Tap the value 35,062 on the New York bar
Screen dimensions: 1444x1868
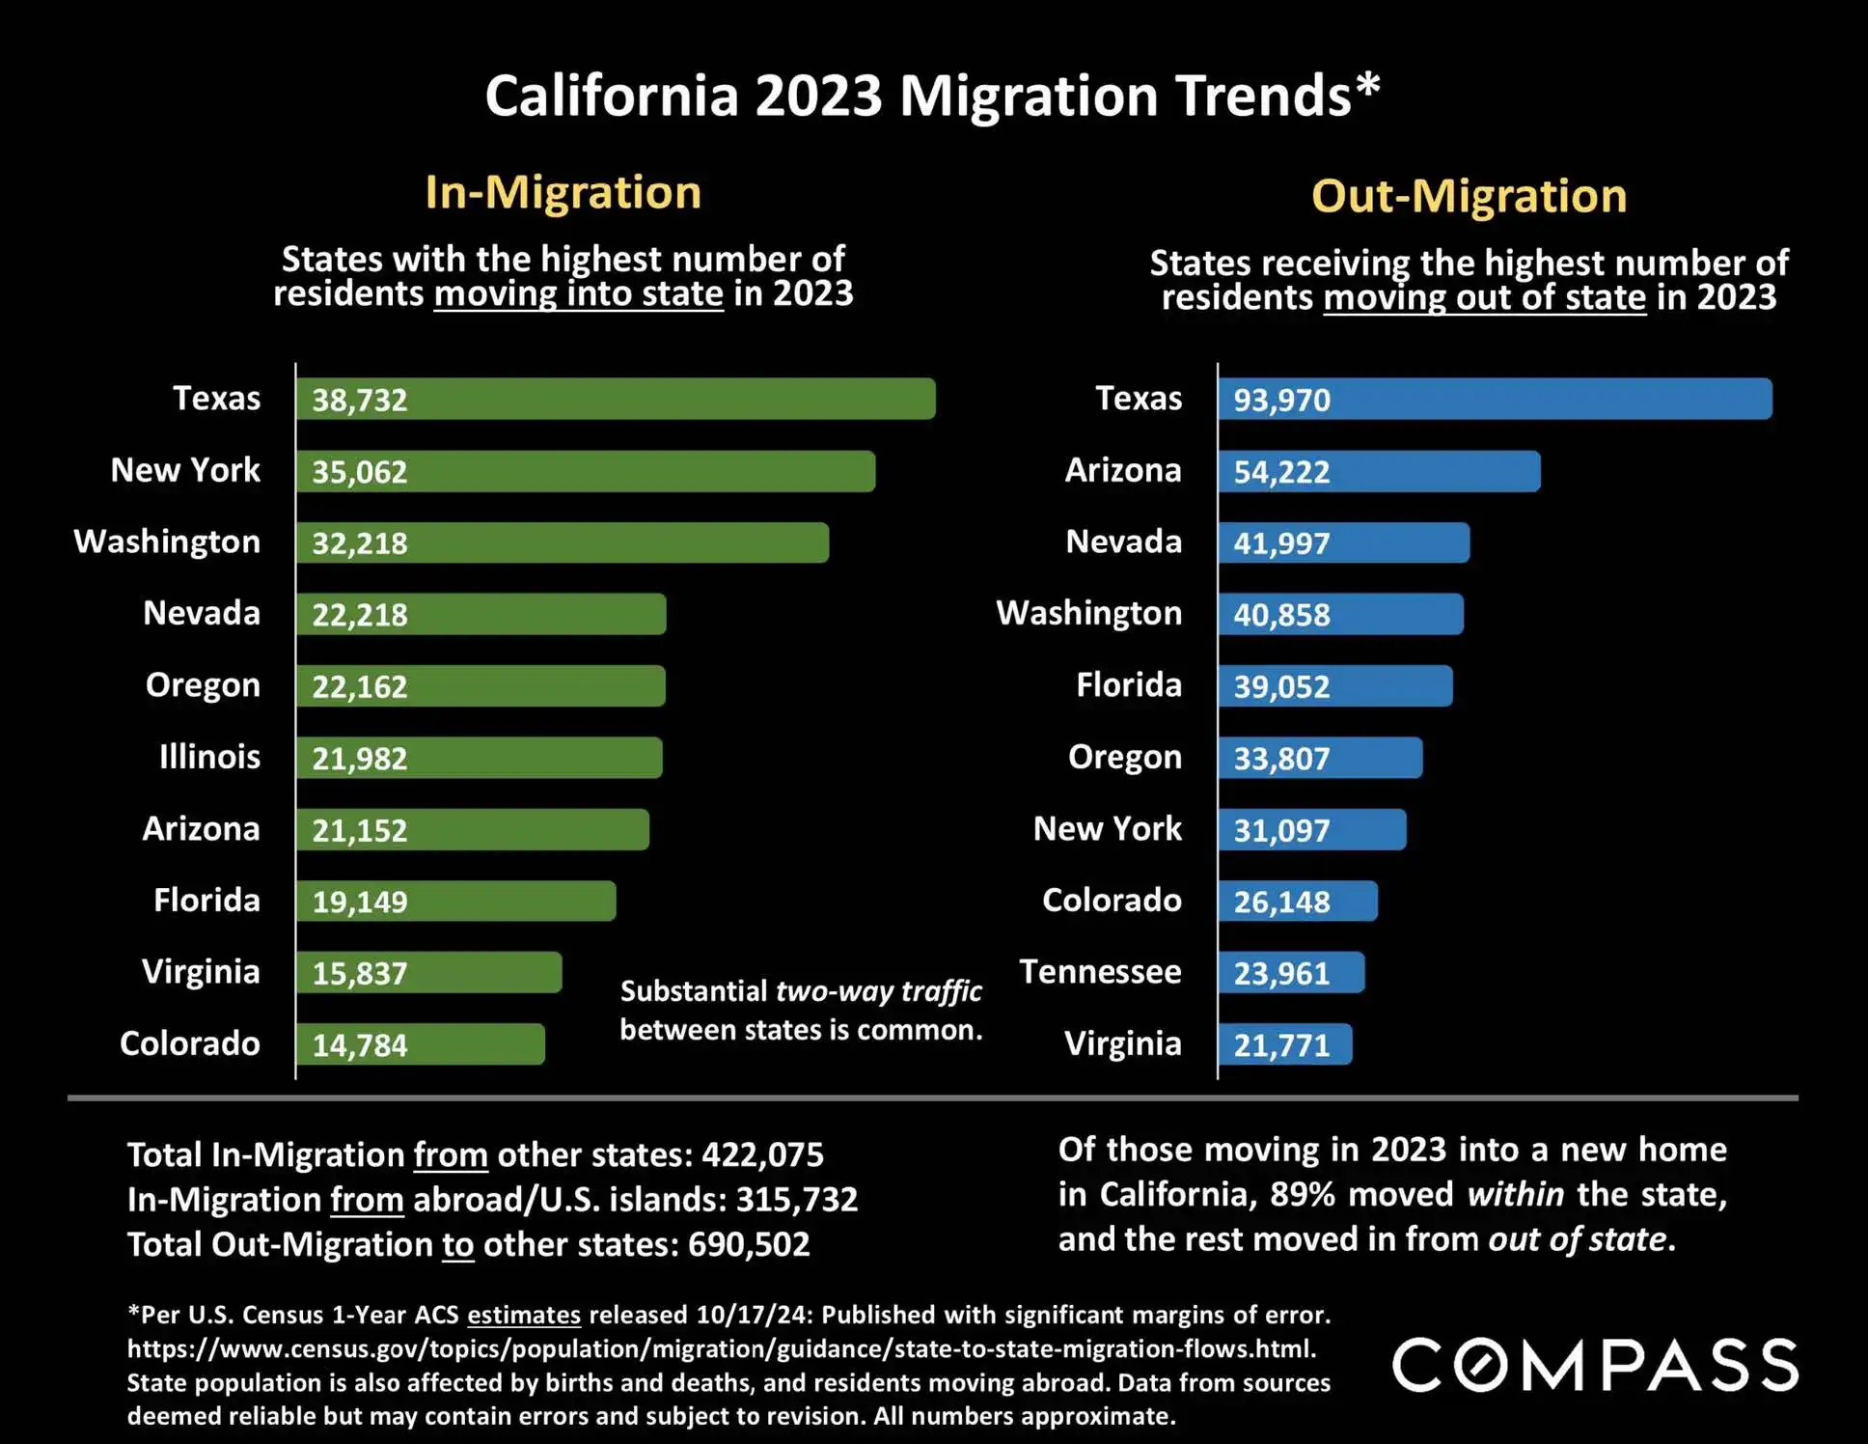pos(360,472)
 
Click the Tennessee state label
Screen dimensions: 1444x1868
pos(1100,971)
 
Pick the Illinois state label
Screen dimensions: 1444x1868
pos(209,757)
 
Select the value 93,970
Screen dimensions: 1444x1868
pos(1281,400)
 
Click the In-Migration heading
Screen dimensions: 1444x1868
pos(563,192)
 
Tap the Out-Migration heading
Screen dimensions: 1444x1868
pos(1469,196)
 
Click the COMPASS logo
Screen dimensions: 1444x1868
pos(1595,1365)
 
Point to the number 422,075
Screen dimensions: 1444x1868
pos(762,1154)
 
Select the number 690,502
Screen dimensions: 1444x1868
pos(749,1244)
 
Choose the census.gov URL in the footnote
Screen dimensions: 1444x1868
pos(722,1348)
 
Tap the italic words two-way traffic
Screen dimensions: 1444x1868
pos(878,991)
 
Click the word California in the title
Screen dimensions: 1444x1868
pos(611,96)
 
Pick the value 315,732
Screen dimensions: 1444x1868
pos(797,1200)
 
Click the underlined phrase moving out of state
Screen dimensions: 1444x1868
pos(1484,297)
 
